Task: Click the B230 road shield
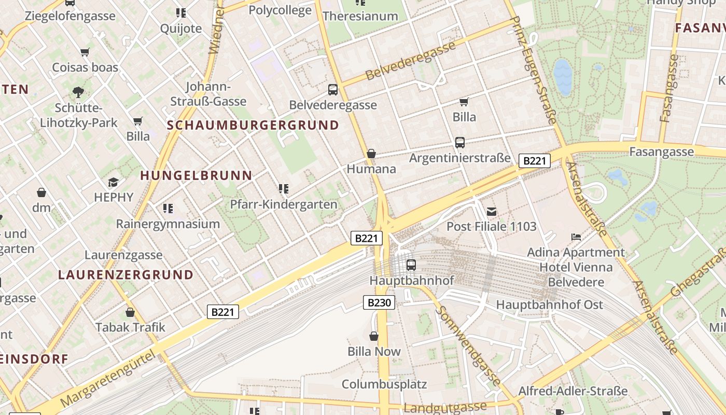click(x=379, y=302)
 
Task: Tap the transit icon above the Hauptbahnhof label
click(x=411, y=265)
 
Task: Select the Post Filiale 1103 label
click(x=491, y=227)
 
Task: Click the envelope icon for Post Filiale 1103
click(x=492, y=211)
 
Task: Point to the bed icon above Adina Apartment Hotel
click(x=576, y=237)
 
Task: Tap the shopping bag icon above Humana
click(x=371, y=154)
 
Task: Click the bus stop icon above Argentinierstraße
click(x=459, y=143)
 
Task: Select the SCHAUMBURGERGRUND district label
click(x=253, y=125)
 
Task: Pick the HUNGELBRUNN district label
click(x=196, y=176)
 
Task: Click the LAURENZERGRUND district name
click(x=126, y=275)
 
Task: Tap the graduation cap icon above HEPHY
click(x=113, y=182)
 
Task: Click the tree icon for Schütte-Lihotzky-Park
click(x=78, y=93)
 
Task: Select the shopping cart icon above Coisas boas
click(x=85, y=52)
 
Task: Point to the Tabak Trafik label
click(x=130, y=327)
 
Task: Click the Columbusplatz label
click(x=384, y=384)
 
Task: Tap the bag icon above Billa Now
click(x=374, y=336)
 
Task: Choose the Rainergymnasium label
click(x=168, y=224)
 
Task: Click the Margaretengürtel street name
click(x=107, y=379)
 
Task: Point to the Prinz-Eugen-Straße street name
click(x=534, y=71)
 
